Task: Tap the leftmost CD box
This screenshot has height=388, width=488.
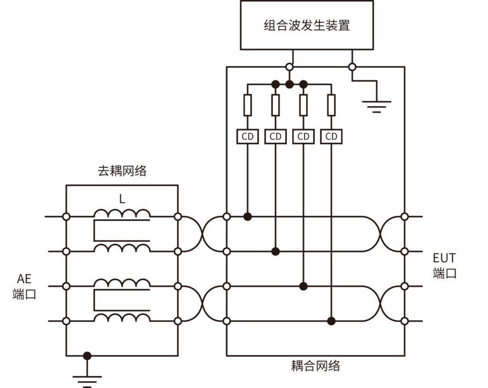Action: point(247,137)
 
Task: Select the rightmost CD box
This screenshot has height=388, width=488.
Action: point(331,137)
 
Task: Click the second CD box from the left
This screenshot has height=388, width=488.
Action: point(275,137)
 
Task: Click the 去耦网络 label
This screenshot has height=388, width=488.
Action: point(122,171)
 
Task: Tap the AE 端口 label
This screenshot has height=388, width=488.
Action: point(24,287)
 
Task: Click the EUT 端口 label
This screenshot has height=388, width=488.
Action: point(444,266)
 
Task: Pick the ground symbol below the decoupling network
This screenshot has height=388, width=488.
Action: point(87,379)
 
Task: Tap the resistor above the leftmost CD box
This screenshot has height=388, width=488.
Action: point(247,105)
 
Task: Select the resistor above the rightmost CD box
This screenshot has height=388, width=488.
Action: point(331,105)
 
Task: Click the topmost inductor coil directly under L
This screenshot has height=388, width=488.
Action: point(122,213)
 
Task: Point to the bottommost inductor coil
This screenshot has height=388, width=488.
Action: point(122,318)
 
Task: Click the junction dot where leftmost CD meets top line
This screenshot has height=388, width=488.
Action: point(247,217)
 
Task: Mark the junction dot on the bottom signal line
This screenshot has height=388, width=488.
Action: point(331,321)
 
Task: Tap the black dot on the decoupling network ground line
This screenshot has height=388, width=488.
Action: point(87,356)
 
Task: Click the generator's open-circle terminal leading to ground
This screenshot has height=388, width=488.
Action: point(352,67)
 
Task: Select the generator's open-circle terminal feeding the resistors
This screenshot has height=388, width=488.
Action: point(289,67)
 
